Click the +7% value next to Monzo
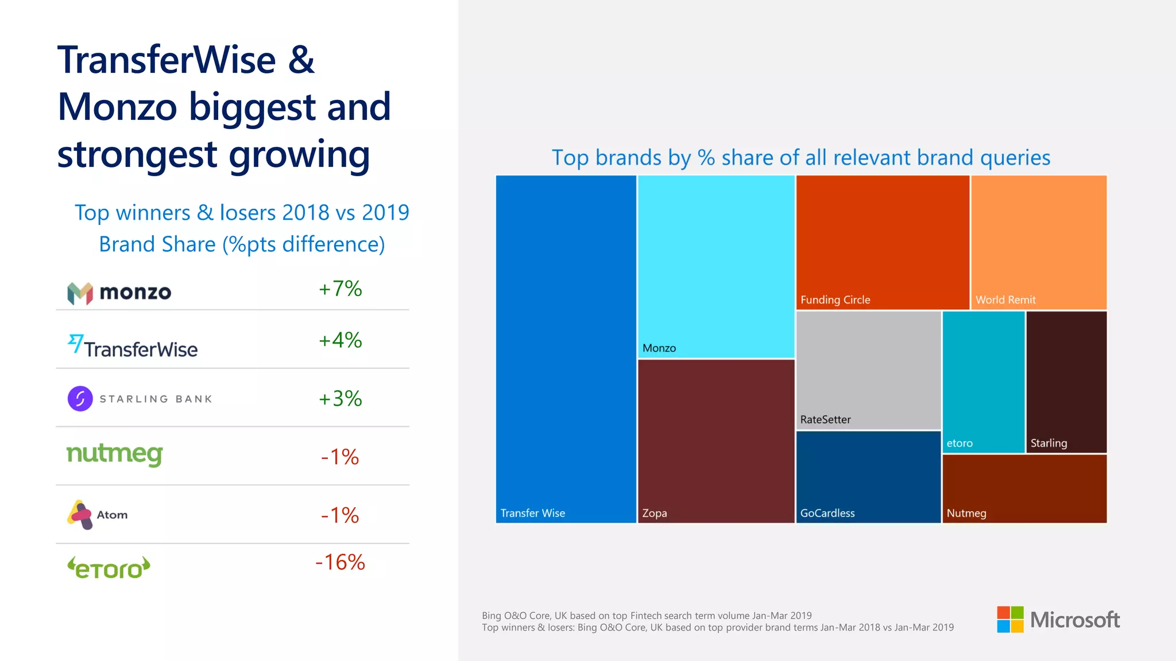pos(340,289)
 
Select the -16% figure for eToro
pos(340,562)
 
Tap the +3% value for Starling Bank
pos(340,399)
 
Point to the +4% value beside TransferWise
pos(340,340)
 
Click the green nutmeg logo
pos(115,454)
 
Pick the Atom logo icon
pos(80,515)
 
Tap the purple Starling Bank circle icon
pos(80,399)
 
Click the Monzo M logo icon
pos(80,293)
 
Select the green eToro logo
pos(109,568)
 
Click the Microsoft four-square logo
pos(1010,620)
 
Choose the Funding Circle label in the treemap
pos(835,300)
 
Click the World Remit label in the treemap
pos(1005,300)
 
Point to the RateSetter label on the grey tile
pos(825,420)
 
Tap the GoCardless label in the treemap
pos(827,514)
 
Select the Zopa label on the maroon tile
pos(654,514)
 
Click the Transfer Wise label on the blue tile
pos(532,514)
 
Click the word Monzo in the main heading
pos(117,107)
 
